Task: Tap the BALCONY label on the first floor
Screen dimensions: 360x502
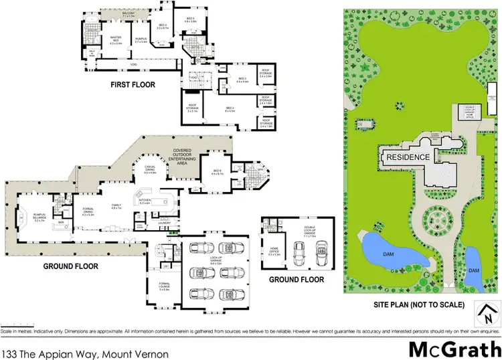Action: click(128, 13)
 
